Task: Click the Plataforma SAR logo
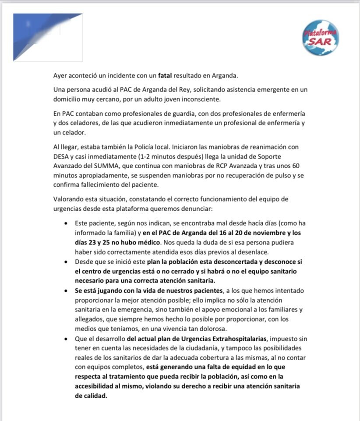click(321, 38)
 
